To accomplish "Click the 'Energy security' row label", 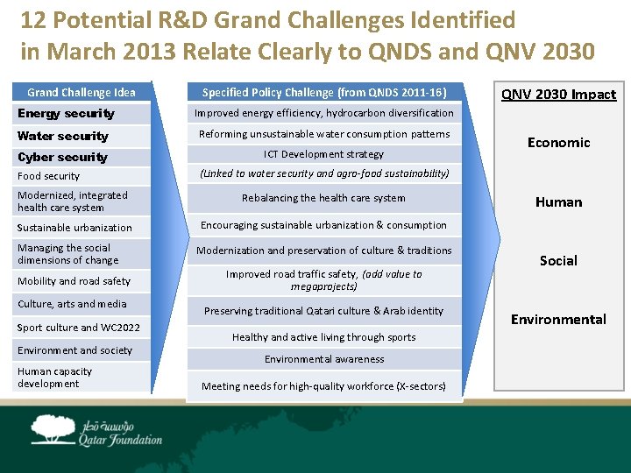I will point(66,113).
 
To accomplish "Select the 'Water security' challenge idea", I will point(63,136).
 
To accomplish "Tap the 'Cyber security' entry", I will point(62,157).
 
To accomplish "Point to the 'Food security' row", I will point(48,176).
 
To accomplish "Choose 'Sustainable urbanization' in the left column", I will point(74,228).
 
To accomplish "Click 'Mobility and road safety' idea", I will point(74,281).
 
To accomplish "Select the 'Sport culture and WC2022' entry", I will point(79,328).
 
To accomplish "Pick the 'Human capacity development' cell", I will point(54,378).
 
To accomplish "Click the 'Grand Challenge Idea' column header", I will point(82,92).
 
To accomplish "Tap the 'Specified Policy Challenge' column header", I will point(324,92).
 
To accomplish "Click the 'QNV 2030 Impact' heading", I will point(558,95).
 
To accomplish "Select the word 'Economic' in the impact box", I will point(558,142).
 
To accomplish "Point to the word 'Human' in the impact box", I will point(558,201).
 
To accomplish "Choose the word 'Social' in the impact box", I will point(558,260).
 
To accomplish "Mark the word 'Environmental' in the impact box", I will point(558,319).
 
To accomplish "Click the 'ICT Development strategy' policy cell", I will point(324,154).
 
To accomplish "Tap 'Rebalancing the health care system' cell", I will point(324,198).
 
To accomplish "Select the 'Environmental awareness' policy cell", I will point(324,359).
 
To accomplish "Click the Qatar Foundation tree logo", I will point(54,429).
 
